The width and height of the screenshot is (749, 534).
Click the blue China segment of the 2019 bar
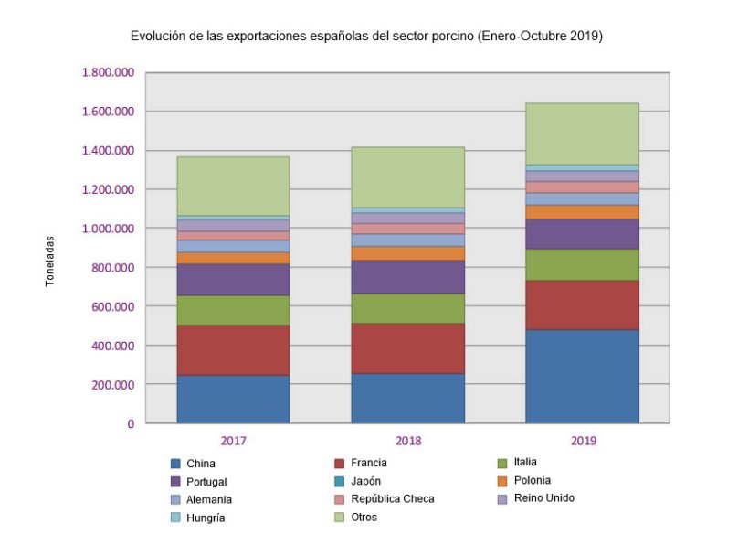tap(583, 376)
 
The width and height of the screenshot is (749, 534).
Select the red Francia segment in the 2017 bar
tap(233, 349)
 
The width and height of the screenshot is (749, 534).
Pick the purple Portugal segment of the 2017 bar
tap(233, 280)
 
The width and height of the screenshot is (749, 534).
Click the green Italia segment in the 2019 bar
tap(583, 264)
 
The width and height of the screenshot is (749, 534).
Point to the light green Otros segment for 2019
tap(583, 133)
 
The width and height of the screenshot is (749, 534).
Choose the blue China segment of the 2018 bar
tap(408, 398)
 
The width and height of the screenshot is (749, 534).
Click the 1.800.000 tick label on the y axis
tap(108, 73)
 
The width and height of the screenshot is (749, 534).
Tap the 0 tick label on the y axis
tap(131, 424)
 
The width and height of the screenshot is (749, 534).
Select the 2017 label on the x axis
tap(233, 441)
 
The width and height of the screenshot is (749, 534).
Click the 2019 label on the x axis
tap(583, 441)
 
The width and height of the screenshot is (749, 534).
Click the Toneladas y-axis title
tap(50, 262)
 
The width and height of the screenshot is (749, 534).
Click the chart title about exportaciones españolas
tap(366, 37)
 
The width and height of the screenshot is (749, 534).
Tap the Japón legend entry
tap(365, 481)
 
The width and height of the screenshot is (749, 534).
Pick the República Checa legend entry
tap(392, 499)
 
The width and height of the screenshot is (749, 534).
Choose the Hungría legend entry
tap(205, 518)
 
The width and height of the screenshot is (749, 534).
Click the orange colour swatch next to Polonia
tap(501, 480)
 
